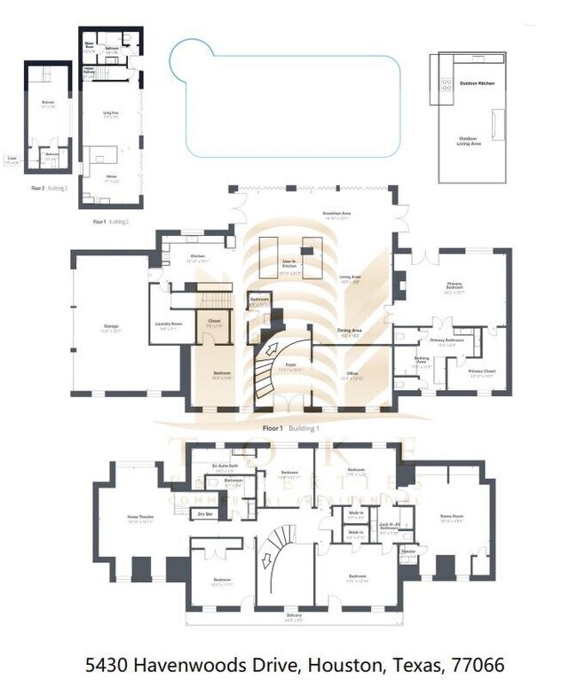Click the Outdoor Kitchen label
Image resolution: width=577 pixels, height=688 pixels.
click(477, 83)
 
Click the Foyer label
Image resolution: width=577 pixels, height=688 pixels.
click(289, 364)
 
